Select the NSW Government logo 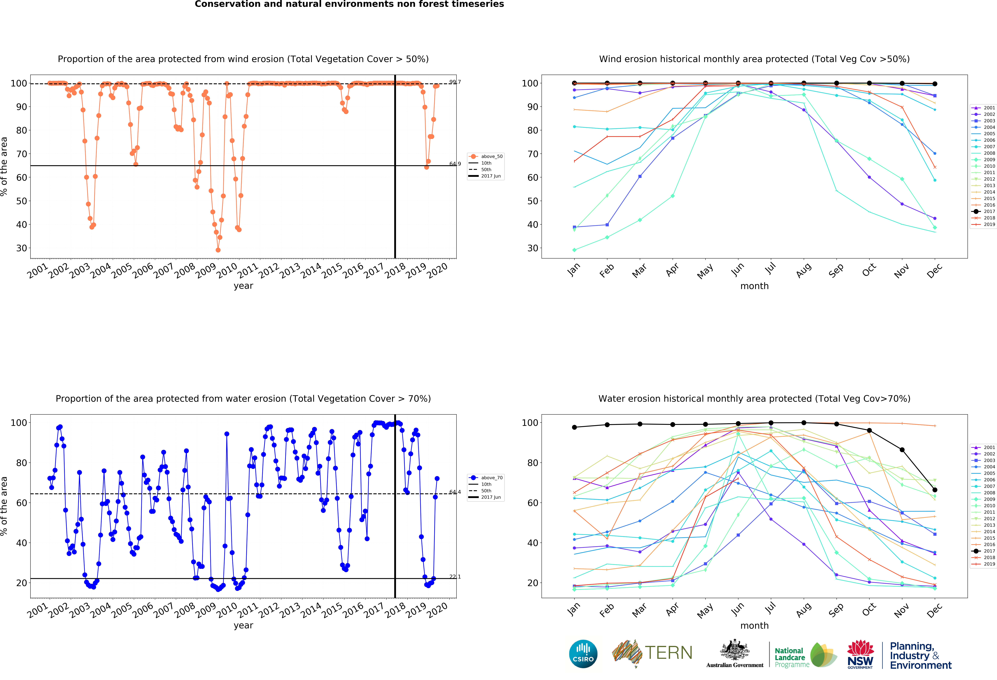pos(860,655)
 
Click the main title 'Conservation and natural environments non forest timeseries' pos(349,4)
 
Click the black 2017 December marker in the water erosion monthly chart pos(935,490)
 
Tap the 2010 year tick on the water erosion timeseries pos(226,610)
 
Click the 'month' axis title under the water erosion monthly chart pos(754,625)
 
